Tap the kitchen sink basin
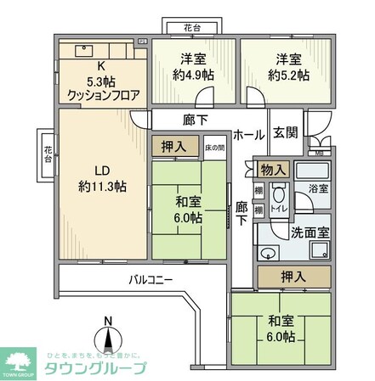[85, 49]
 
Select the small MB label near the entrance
[319, 153]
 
